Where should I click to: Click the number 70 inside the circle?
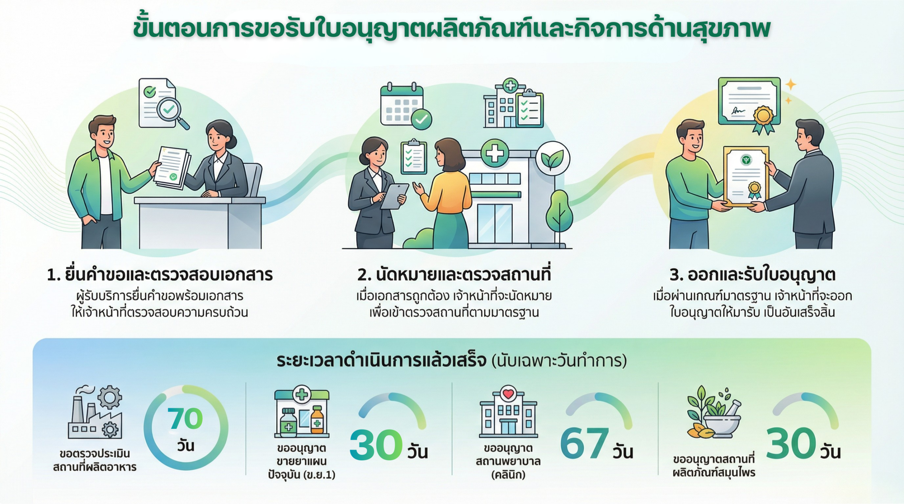185,418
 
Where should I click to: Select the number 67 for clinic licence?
584,443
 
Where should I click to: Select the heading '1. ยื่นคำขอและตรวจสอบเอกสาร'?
160,275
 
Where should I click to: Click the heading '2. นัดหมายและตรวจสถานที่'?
454,275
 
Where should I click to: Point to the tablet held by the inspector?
394,196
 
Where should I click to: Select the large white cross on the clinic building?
495,153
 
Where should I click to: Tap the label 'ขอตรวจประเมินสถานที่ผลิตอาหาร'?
95,460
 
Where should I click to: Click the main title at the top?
452,28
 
